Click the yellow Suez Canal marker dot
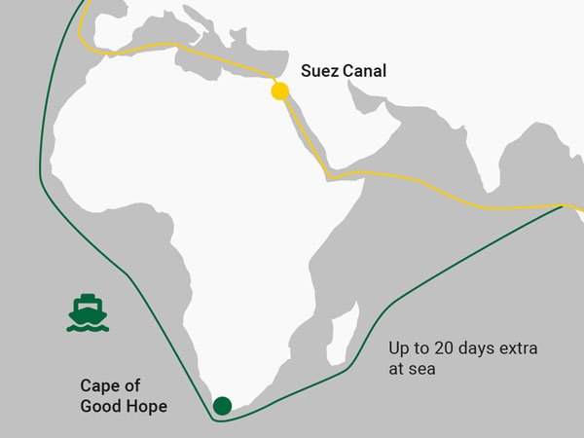[279, 92]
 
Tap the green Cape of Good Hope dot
[222, 405]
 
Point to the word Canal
[364, 71]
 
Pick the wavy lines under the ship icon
[88, 326]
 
